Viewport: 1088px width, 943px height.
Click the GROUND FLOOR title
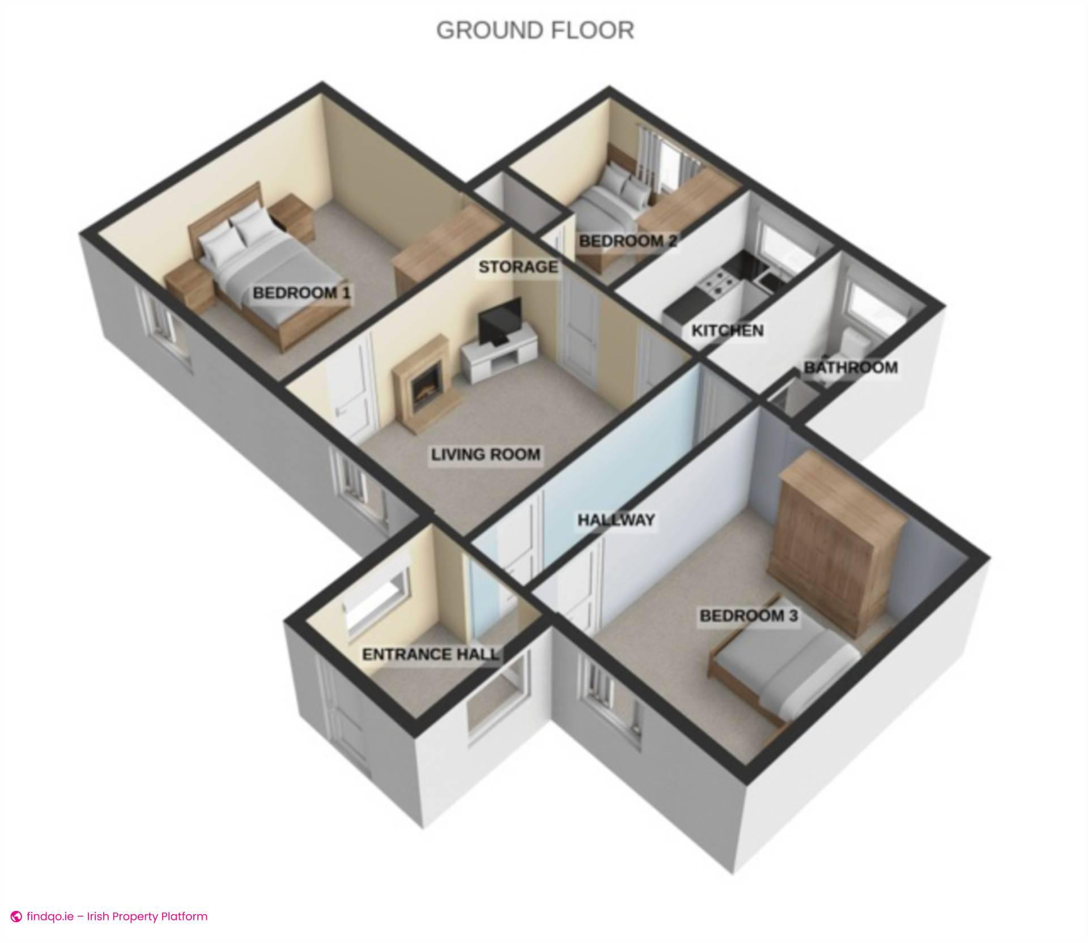coord(535,31)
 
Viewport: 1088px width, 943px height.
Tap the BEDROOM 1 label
coord(301,293)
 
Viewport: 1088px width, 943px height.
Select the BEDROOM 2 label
coord(628,241)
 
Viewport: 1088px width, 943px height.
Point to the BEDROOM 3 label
coord(749,616)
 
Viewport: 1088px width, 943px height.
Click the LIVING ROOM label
coord(486,454)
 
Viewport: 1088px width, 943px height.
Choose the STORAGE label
coord(518,267)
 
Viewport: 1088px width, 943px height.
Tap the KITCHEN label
coord(728,330)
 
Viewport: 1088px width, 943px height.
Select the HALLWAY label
coord(616,520)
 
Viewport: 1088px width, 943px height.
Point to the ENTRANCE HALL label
coord(431,655)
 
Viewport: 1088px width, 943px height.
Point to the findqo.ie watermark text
coord(117,916)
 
